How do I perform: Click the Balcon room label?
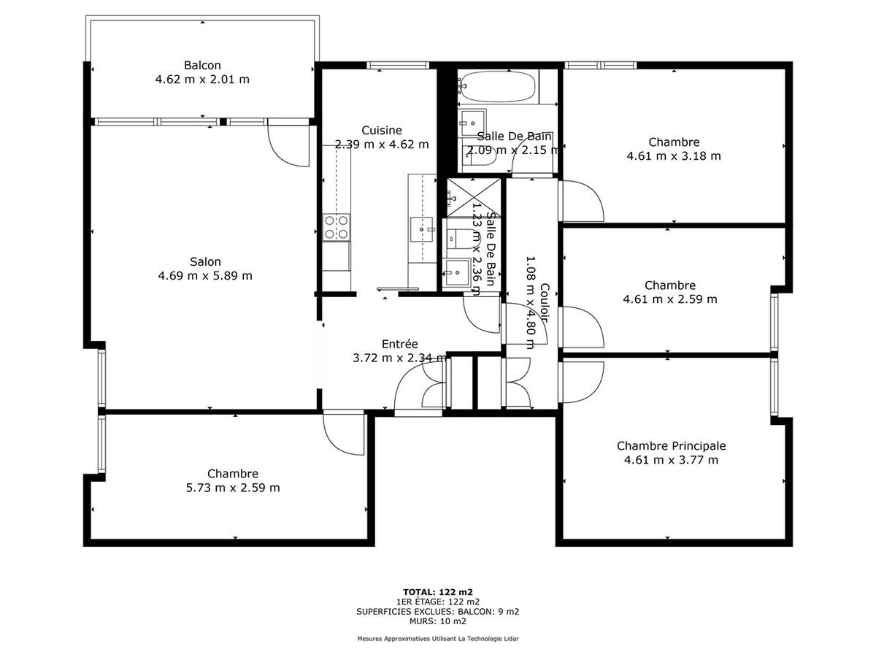[x=202, y=65]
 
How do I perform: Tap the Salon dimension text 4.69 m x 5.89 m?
[x=205, y=276]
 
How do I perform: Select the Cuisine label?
[x=382, y=130]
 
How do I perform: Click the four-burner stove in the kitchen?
[x=337, y=227]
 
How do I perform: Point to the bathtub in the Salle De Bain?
[x=497, y=87]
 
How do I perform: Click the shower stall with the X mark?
[x=473, y=197]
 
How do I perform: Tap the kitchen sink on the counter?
[x=421, y=229]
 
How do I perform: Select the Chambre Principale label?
[x=672, y=445]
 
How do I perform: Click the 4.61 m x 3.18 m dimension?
[x=674, y=156]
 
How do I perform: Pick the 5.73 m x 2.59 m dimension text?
[x=233, y=488]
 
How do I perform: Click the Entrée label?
[x=400, y=344]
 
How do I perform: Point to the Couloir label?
[x=545, y=302]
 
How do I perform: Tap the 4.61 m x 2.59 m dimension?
[x=670, y=299]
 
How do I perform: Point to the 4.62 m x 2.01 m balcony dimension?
[x=202, y=80]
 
